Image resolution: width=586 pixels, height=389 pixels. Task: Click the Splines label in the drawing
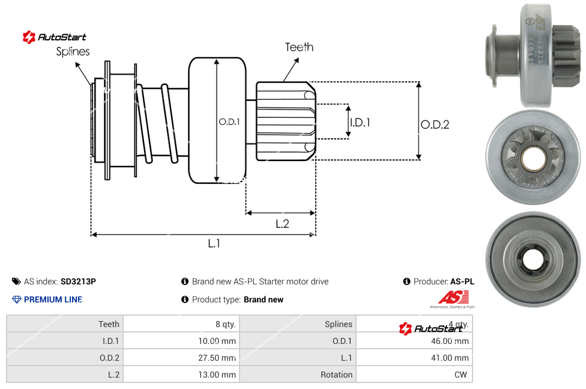73,52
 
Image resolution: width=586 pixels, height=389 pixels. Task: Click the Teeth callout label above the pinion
299,47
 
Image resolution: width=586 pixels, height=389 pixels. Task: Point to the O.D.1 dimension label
229,121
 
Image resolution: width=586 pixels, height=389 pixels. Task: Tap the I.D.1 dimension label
360,122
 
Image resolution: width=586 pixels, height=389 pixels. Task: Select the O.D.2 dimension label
435,124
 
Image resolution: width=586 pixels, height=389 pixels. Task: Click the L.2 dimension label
282,224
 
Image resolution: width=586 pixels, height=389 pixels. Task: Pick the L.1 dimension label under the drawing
214,243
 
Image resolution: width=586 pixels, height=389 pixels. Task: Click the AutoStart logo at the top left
55,37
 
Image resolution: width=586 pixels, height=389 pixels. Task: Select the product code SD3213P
78,281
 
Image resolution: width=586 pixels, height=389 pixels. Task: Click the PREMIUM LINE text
53,299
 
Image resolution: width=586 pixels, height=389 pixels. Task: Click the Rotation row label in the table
336,375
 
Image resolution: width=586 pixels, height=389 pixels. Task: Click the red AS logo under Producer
452,297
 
